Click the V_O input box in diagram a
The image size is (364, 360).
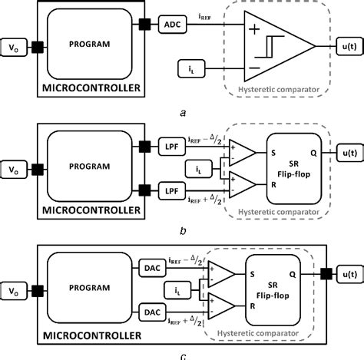14,47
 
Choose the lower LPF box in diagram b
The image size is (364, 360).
170,187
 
